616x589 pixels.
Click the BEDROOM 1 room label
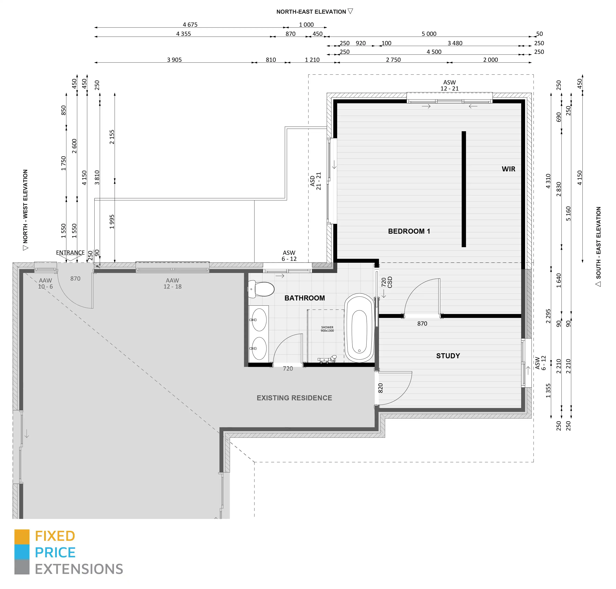[409, 231]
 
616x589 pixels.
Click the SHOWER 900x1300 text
[327, 329]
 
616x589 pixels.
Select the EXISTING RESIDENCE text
[294, 398]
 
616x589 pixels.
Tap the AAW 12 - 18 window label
[172, 283]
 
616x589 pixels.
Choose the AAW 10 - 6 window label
[46, 283]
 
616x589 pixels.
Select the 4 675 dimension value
[190, 24]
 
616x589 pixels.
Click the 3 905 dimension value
[174, 60]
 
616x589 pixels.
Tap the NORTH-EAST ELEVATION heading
[311, 12]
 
